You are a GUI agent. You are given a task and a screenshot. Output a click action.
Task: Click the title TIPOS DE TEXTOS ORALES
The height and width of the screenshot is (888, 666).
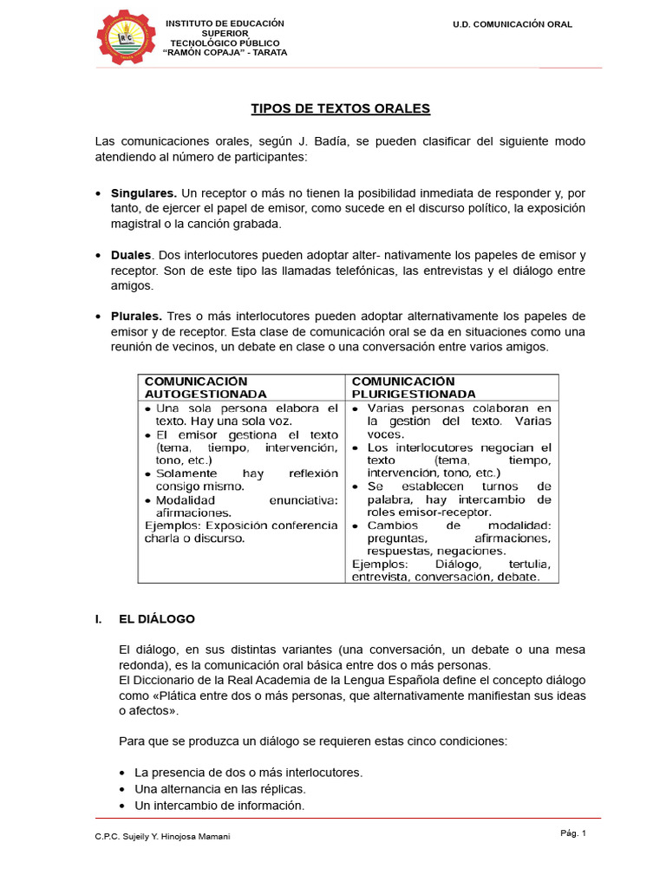pyautogui.click(x=340, y=108)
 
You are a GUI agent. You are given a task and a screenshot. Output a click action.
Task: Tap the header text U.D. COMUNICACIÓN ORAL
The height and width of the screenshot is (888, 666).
pyautogui.click(x=513, y=24)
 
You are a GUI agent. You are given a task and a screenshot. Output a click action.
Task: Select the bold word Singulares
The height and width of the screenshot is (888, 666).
pyautogui.click(x=144, y=193)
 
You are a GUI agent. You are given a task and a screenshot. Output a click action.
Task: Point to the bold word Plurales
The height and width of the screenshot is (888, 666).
pyautogui.click(x=136, y=316)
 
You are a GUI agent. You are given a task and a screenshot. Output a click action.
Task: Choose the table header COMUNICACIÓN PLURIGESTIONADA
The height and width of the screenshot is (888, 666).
pyautogui.click(x=414, y=387)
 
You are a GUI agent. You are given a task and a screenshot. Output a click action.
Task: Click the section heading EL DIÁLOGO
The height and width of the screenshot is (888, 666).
pyautogui.click(x=157, y=619)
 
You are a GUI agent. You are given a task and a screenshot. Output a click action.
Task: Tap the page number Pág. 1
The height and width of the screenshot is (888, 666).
pyautogui.click(x=573, y=833)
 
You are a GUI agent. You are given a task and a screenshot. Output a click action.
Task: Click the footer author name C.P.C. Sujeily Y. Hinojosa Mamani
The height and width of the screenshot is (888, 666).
pyautogui.click(x=164, y=836)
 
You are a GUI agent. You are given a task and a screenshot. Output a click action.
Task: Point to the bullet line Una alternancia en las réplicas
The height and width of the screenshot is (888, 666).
pyautogui.click(x=220, y=789)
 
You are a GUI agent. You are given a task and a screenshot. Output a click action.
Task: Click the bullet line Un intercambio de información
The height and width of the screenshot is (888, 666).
pyautogui.click(x=219, y=806)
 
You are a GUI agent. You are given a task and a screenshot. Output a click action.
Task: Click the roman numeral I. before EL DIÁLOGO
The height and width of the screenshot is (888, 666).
pyautogui.click(x=98, y=619)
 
